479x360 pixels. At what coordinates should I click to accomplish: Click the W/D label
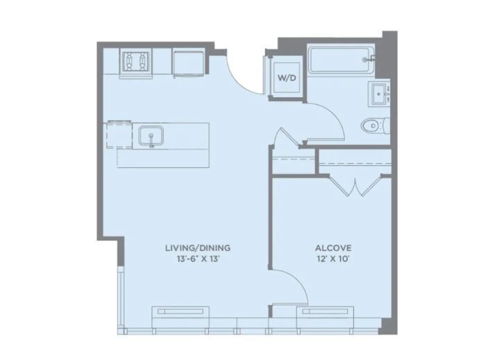point(287,78)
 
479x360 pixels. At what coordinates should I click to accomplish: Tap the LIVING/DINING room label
point(198,248)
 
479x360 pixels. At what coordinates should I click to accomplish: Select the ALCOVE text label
point(333,248)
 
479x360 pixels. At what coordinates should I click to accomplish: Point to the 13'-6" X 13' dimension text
point(199,259)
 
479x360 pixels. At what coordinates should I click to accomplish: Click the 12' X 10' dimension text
point(333,259)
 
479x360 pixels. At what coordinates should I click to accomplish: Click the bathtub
point(342,60)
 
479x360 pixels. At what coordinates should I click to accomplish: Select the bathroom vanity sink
point(380,94)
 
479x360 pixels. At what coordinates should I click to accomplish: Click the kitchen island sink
point(151,135)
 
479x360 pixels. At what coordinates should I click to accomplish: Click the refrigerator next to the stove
point(189,63)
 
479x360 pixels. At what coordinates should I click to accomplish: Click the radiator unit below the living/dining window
point(180,311)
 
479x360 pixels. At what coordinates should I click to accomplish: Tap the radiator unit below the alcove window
point(325,311)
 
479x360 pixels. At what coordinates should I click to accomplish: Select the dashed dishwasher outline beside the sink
point(119,135)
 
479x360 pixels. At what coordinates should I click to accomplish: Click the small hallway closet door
point(287,137)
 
